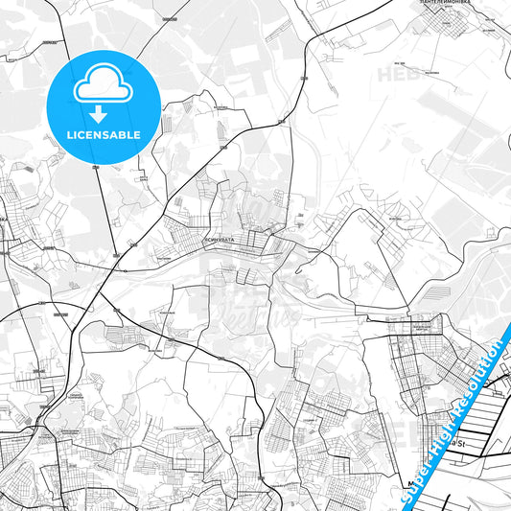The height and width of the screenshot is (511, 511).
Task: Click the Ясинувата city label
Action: [x=220, y=240]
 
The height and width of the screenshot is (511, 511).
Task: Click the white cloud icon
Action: [x=104, y=85]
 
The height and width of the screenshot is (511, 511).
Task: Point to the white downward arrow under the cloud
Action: [x=104, y=114]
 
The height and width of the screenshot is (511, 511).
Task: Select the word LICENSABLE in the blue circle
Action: [x=104, y=135]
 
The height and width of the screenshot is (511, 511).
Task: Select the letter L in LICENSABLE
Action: [x=69, y=135]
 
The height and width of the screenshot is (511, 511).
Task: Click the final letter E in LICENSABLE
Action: [x=137, y=135]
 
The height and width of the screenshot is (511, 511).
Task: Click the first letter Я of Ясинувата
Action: [x=207, y=240]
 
